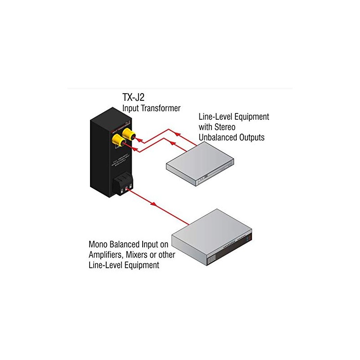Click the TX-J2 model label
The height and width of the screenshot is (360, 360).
pos(134,98)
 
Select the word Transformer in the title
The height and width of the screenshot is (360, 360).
pos(161,108)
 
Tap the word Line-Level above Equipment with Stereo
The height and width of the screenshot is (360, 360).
pos(212,117)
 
